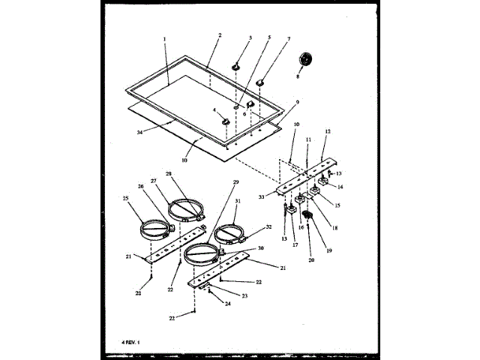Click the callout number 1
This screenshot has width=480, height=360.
[163, 38]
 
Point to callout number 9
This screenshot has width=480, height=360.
[297, 102]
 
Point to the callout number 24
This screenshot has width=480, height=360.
[217, 303]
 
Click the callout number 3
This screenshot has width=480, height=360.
[250, 38]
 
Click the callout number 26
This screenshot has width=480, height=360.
[139, 187]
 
